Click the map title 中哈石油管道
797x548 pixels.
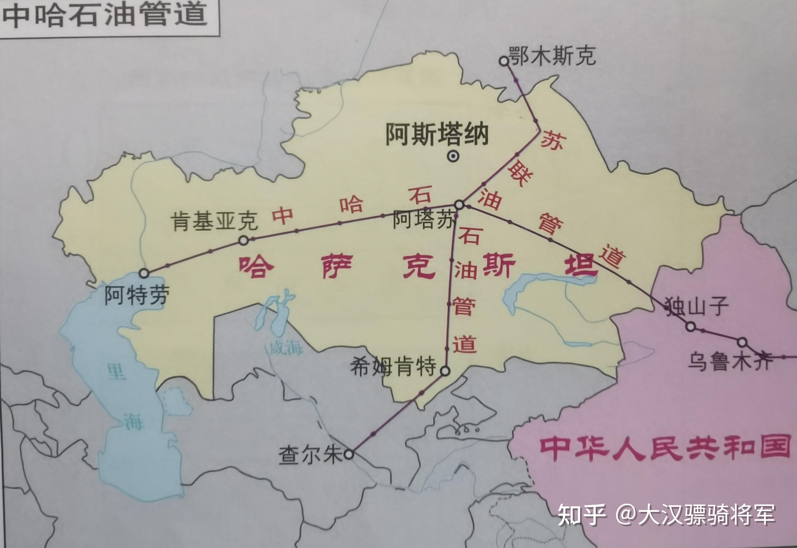[105, 15]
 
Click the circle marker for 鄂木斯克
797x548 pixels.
[503, 61]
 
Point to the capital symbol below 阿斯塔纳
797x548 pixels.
[453, 156]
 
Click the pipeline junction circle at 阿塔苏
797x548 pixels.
[459, 205]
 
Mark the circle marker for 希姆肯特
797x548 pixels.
[445, 371]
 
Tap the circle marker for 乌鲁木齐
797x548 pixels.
[742, 342]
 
